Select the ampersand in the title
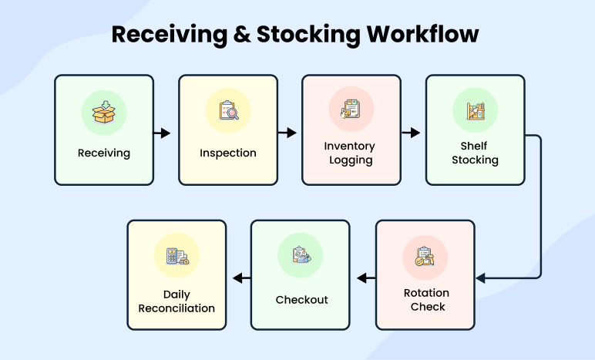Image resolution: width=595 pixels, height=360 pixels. click(x=250, y=35)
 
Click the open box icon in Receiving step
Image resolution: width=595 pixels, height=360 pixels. click(x=104, y=111)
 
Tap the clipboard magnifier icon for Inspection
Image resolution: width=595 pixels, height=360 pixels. click(x=228, y=111)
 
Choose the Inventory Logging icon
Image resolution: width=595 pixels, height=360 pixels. click(x=351, y=109)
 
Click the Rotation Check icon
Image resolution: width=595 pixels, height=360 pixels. click(x=425, y=257)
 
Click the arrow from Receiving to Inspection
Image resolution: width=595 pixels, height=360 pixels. click(x=162, y=133)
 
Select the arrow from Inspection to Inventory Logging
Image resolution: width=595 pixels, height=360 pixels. click(x=287, y=133)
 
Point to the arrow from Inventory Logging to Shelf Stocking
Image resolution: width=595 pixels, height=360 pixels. click(x=411, y=133)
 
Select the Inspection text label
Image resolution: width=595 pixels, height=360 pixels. click(x=228, y=153)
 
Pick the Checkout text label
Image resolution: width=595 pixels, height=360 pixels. click(x=301, y=299)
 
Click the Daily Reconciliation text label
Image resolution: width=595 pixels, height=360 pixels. click(x=176, y=301)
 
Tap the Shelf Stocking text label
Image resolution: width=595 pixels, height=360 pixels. click(x=475, y=153)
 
